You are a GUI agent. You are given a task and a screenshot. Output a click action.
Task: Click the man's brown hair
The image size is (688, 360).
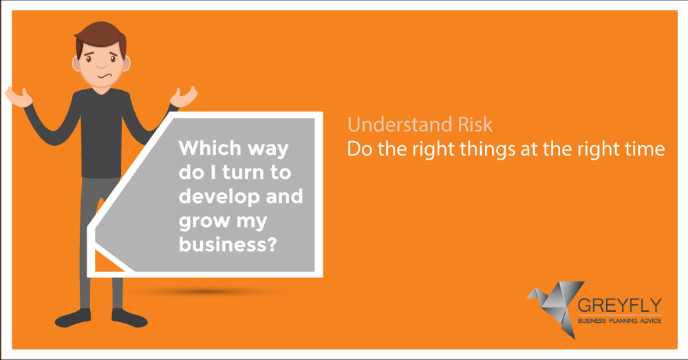pyautogui.click(x=100, y=35)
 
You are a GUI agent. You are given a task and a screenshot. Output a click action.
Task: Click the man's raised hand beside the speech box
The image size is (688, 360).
pyautogui.click(x=184, y=96)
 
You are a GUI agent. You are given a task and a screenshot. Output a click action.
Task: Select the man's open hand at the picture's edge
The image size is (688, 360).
pyautogui.click(x=19, y=96)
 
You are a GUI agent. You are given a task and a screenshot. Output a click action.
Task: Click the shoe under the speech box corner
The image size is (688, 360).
pyautogui.click(x=129, y=318)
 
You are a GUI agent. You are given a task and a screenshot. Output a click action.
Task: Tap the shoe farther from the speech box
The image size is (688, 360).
pyautogui.click(x=73, y=318)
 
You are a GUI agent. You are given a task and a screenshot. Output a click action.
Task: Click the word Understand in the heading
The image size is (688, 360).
pyautogui.click(x=400, y=125)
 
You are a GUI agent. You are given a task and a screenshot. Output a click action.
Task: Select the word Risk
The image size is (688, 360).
pyautogui.click(x=475, y=125)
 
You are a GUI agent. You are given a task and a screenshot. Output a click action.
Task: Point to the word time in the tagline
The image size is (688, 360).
pyautogui.click(x=645, y=149)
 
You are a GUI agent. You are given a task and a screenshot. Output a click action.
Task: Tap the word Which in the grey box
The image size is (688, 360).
pyautogui.click(x=210, y=148)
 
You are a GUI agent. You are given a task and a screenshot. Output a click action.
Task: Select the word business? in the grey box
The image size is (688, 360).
pyautogui.click(x=228, y=244)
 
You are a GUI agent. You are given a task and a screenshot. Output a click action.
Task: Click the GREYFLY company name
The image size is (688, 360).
pyautogui.click(x=619, y=305)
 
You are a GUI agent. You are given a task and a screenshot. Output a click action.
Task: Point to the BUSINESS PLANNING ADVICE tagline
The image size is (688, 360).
pyautogui.click(x=619, y=321)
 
